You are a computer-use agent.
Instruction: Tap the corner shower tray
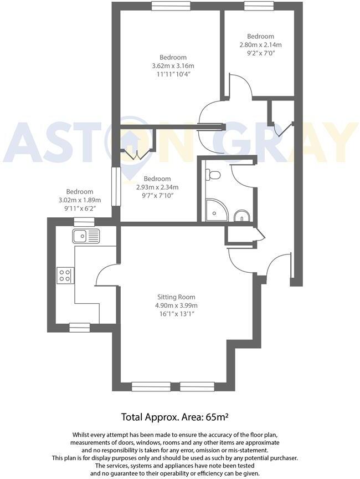click(x=217, y=210)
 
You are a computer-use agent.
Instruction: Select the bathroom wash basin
click(x=242, y=216)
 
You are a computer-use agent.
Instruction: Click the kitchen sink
click(x=86, y=236)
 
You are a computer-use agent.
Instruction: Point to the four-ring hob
click(x=65, y=275)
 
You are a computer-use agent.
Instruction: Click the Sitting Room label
click(x=176, y=297)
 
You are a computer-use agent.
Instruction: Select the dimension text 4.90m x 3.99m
click(x=176, y=305)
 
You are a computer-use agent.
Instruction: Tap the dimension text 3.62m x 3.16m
click(x=173, y=65)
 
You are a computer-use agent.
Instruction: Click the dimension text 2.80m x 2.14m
click(x=260, y=45)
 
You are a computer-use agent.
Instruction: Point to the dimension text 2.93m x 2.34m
click(x=157, y=187)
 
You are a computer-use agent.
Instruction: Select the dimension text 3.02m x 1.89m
click(x=80, y=200)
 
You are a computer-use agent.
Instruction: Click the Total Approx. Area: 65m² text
click(x=175, y=417)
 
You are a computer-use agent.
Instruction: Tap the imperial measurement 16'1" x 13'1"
click(x=176, y=314)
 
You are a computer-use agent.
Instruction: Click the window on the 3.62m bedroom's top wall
click(x=171, y=6)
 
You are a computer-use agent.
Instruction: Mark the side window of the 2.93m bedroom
click(x=116, y=186)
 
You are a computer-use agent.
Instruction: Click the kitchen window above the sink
click(x=85, y=221)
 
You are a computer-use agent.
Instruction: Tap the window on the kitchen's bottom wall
click(x=79, y=328)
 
